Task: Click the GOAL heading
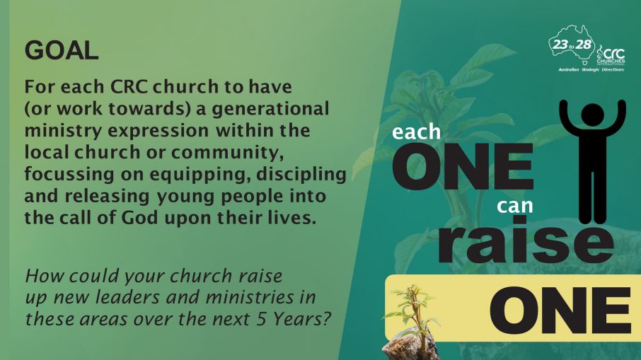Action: (62, 50)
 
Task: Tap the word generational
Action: (270, 109)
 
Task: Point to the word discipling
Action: (301, 174)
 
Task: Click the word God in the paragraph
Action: (139, 217)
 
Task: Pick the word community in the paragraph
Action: (227, 153)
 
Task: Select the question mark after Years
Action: (326, 319)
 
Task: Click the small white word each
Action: (416, 132)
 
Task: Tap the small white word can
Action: (514, 206)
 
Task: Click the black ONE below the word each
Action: (463, 166)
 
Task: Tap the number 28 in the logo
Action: (584, 44)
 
